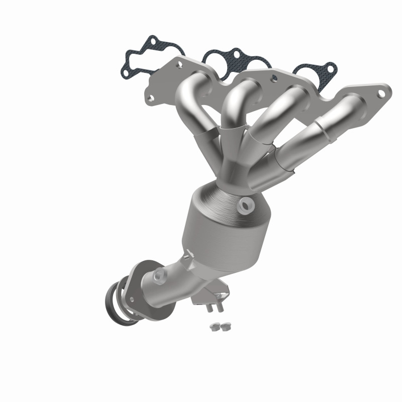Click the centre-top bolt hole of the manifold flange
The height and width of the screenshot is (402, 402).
pyautogui.click(x=273, y=78)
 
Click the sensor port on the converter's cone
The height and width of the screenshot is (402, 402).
pyautogui.click(x=247, y=205)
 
